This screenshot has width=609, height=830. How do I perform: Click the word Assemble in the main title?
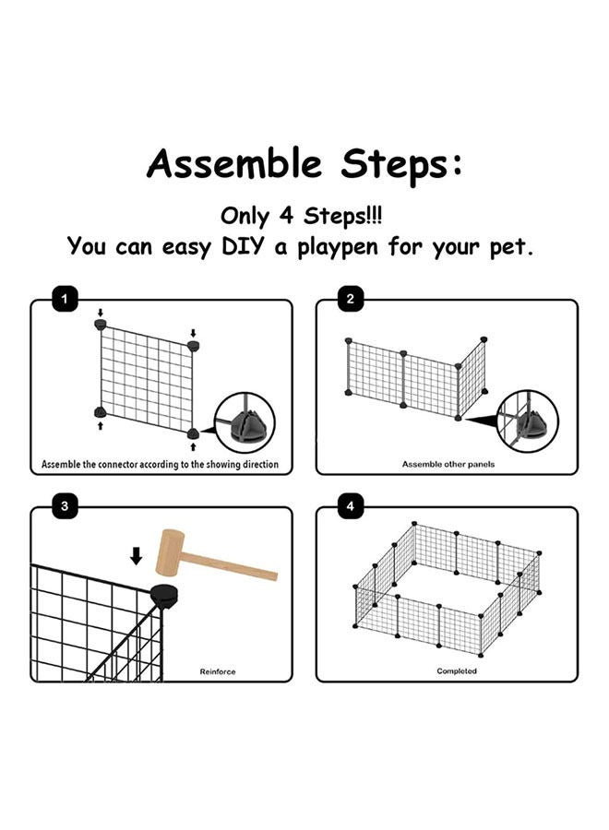pos(234,163)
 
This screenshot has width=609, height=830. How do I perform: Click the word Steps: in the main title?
pos(401,165)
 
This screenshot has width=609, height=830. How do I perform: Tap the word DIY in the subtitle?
pos(242,246)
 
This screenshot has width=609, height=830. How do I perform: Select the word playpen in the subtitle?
pos(338,248)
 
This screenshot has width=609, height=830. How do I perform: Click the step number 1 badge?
pos(65,299)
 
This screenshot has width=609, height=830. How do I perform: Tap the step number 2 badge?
pos(350,299)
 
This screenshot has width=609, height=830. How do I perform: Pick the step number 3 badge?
pos(65,506)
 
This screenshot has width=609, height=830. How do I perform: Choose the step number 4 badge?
pos(350,506)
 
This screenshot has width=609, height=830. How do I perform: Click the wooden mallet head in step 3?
pos(170,553)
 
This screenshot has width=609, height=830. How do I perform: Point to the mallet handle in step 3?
pos(230,566)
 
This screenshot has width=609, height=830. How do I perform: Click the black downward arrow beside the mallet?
pos(136,556)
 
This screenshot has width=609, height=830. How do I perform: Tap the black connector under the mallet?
pos(164,597)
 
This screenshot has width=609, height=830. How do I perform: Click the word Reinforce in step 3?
pos(218,671)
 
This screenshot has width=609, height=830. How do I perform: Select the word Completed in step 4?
pos(457,671)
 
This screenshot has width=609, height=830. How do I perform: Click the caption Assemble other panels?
pos(448,464)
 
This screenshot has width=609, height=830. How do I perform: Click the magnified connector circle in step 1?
pos(245,422)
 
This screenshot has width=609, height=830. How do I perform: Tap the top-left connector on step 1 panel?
pos(100,324)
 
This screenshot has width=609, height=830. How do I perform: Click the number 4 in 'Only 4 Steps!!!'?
pos(286,216)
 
